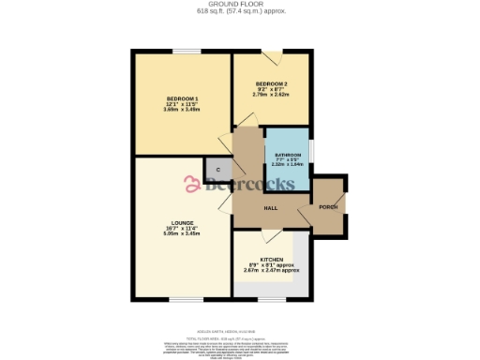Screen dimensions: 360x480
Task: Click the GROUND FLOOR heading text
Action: click(x=240, y=4)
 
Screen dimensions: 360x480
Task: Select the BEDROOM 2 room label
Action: click(x=271, y=84)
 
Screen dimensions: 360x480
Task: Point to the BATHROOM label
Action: click(x=288, y=155)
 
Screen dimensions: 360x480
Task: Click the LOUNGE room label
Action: click(x=182, y=223)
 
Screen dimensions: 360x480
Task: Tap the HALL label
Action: click(x=270, y=207)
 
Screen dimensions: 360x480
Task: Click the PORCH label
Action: click(x=328, y=206)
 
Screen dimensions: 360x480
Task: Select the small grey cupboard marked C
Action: click(x=217, y=170)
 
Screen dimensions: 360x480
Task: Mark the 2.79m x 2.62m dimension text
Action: click(x=271, y=95)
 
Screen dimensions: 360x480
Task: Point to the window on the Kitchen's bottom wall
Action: click(x=271, y=300)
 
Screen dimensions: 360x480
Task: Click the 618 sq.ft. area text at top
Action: click(x=240, y=11)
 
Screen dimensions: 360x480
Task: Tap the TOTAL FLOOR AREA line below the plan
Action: click(x=240, y=335)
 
